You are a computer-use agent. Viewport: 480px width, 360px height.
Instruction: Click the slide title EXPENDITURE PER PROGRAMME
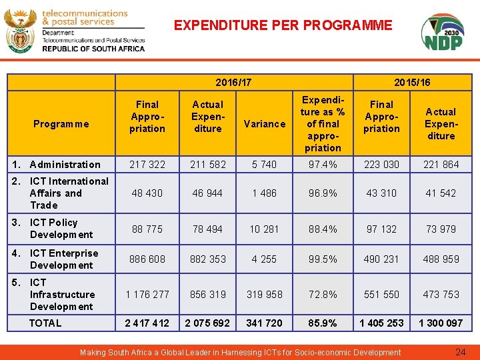pos(283,26)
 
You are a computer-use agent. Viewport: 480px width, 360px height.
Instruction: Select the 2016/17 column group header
pos(234,82)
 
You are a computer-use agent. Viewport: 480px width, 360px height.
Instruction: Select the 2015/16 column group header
pos(412,82)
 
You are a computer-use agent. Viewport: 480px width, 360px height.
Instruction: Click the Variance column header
pos(265,123)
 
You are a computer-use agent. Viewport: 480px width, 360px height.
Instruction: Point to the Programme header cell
pos(61,123)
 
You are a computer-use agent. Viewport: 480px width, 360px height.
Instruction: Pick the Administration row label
pos(65,165)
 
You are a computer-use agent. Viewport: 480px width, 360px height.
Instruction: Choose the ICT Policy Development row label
pos(61,229)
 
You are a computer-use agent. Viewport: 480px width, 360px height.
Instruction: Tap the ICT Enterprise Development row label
pos(63,259)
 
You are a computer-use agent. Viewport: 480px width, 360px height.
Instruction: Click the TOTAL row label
pos(45,323)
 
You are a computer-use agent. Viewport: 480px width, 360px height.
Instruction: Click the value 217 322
pos(147,165)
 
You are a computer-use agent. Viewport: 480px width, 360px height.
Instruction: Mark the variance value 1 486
pos(265,193)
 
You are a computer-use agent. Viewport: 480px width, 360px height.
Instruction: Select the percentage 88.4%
pos(323,229)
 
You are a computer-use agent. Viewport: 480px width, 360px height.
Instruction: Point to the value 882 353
pos(208,259)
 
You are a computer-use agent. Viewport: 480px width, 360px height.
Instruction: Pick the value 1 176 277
pos(147,295)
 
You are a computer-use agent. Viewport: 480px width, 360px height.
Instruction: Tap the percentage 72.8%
pos(323,295)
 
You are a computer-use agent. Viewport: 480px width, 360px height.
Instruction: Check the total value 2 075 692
pos(208,323)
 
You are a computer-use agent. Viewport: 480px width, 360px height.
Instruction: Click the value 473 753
pos(441,295)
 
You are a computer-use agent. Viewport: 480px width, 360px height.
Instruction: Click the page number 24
pos(460,352)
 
